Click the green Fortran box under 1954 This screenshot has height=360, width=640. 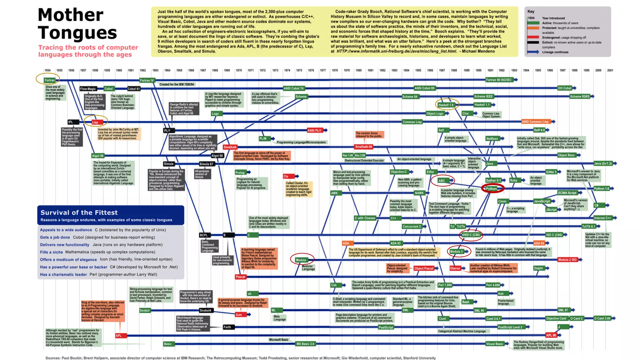(x=49, y=80)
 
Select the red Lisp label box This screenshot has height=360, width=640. (x=95, y=122)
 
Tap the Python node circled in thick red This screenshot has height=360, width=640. (x=491, y=188)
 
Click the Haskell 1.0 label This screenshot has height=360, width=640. (x=445, y=105)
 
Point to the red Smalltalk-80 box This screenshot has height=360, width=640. (x=363, y=147)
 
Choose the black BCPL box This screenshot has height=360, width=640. (x=204, y=235)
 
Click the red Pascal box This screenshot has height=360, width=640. (x=240, y=277)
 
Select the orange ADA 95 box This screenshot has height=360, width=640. (x=539, y=243)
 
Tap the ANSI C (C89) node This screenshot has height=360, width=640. (x=471, y=235)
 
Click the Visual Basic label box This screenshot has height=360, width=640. (x=494, y=344)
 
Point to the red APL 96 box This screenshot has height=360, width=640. (x=551, y=335)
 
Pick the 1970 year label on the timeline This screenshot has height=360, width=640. (x=239, y=71)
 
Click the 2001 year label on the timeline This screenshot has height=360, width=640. (x=610, y=71)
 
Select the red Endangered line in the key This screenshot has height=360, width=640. (x=533, y=37)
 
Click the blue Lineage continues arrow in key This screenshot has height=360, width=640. (x=533, y=52)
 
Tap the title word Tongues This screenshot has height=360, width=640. (x=77, y=32)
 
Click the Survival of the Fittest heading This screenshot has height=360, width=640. (x=79, y=212)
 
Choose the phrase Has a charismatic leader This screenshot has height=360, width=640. (x=63, y=275)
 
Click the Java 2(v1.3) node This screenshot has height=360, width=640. (x=603, y=163)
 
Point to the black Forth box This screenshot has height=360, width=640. (x=227, y=327)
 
